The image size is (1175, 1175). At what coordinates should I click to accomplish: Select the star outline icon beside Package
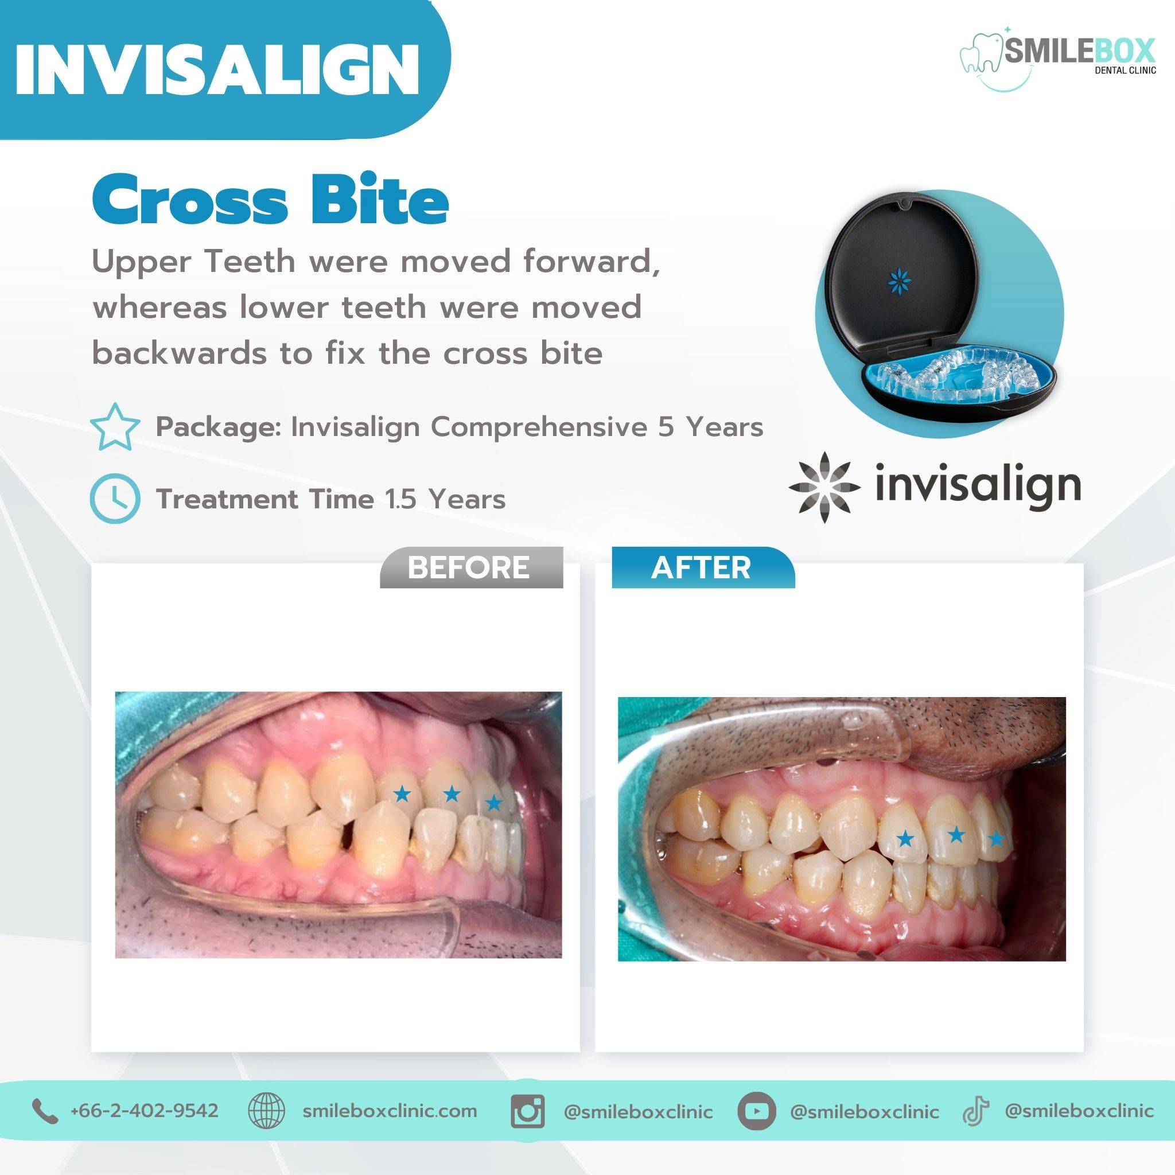tap(114, 427)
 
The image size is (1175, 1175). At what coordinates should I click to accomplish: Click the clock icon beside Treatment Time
tap(115, 499)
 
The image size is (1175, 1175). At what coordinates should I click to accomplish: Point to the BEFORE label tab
tap(472, 567)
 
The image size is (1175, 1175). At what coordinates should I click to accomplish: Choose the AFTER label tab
tap(702, 567)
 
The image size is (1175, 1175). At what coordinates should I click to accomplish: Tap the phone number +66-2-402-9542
tap(144, 1110)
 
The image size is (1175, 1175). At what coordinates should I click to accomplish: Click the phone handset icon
tap(45, 1111)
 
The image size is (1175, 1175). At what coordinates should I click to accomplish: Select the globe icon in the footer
tap(266, 1111)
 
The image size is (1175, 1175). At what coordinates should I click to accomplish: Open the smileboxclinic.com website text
tap(389, 1111)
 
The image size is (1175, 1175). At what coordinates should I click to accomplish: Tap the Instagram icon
tap(527, 1111)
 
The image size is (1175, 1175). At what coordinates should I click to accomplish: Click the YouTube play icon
tap(756, 1111)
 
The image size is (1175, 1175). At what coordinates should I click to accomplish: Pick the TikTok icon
tap(975, 1111)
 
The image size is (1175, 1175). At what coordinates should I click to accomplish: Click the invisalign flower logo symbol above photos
tap(824, 488)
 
